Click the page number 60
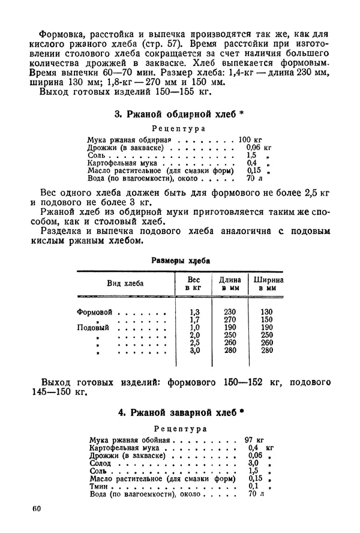click(x=35, y=509)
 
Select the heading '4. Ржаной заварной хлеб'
click(x=179, y=413)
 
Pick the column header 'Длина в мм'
click(x=230, y=283)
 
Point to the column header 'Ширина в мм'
click(x=268, y=283)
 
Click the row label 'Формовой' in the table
click(x=95, y=312)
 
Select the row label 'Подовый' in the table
click(x=94, y=328)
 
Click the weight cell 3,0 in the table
click(x=194, y=351)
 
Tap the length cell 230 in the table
click(x=230, y=312)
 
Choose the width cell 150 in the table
click(x=267, y=320)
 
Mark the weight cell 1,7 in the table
click(x=194, y=320)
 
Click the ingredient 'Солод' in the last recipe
click(x=99, y=463)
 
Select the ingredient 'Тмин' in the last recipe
click(x=98, y=486)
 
